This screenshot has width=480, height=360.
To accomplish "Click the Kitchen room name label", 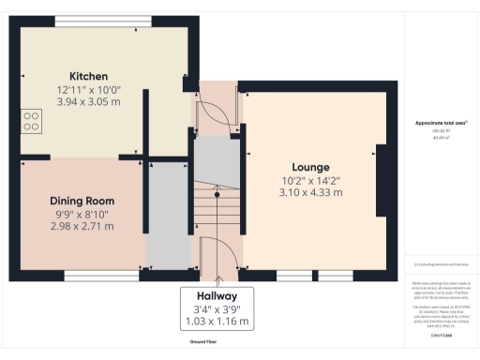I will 88,77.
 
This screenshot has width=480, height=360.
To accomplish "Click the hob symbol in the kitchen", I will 31,120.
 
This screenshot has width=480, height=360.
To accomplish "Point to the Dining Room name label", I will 82,201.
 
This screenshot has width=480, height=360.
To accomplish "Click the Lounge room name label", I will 310,168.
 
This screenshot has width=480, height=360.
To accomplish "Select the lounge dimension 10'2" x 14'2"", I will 310,180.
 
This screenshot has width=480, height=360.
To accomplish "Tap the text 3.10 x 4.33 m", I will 310,192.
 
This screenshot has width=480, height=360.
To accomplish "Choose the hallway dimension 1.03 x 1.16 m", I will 217,322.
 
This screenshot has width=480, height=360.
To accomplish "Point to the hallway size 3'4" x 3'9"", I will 217,309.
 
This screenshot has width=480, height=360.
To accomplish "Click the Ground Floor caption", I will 217,342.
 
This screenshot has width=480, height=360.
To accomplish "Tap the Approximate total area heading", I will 441,124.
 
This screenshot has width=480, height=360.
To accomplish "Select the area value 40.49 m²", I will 441,137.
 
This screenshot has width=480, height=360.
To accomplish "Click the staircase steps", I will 217,211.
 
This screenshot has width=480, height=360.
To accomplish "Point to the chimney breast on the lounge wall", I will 382,181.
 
